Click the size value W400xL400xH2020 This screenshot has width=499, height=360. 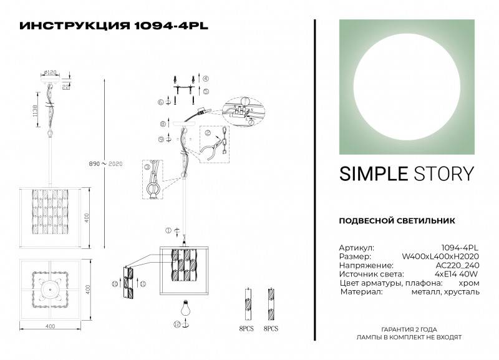point(440,256)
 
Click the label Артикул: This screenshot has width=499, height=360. point(356,247)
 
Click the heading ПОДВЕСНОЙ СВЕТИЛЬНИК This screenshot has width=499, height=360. point(397,220)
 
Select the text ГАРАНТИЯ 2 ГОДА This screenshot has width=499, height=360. point(414,329)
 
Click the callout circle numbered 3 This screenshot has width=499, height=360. point(147,167)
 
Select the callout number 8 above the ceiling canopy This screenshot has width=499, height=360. point(162,124)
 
